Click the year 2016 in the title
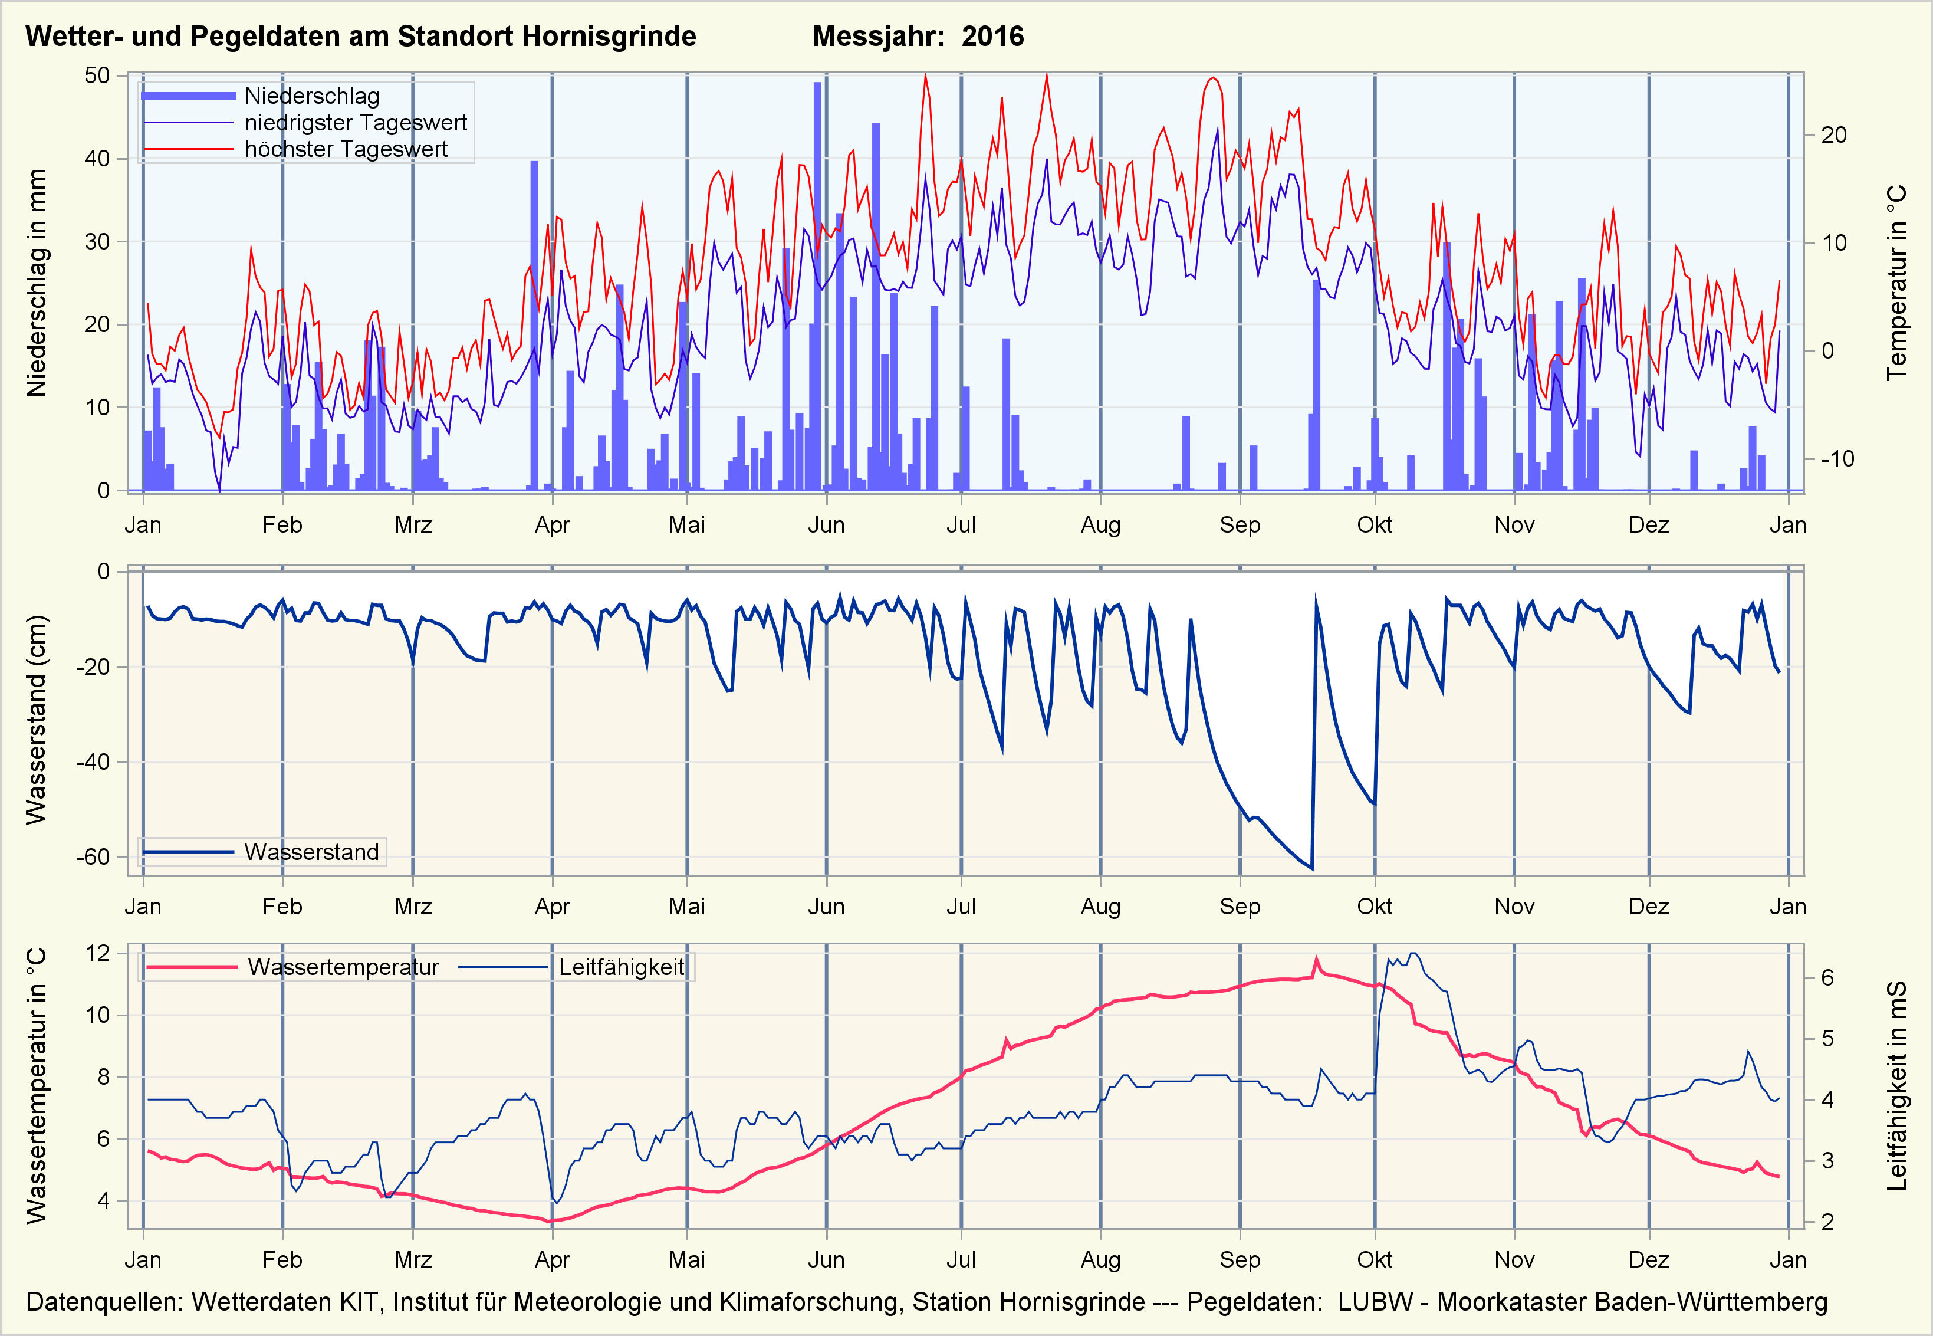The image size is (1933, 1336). coord(992,37)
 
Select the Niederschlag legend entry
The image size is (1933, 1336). coord(311,96)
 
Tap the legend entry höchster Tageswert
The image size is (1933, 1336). coord(346,149)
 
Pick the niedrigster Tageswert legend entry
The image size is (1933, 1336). coord(356,123)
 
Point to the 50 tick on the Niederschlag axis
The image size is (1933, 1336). coord(97,76)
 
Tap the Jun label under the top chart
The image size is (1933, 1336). coord(826,525)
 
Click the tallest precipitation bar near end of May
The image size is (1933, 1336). coord(817,285)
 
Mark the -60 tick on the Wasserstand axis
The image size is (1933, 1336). coord(93,857)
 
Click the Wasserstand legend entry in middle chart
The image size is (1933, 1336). coord(311,852)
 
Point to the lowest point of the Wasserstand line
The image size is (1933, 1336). coord(1311,868)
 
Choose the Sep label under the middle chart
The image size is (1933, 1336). coord(1240,907)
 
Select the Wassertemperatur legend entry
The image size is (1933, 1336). coord(343,968)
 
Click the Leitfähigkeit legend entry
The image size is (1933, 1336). coord(621,968)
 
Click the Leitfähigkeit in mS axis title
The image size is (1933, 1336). coord(1896,1086)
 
